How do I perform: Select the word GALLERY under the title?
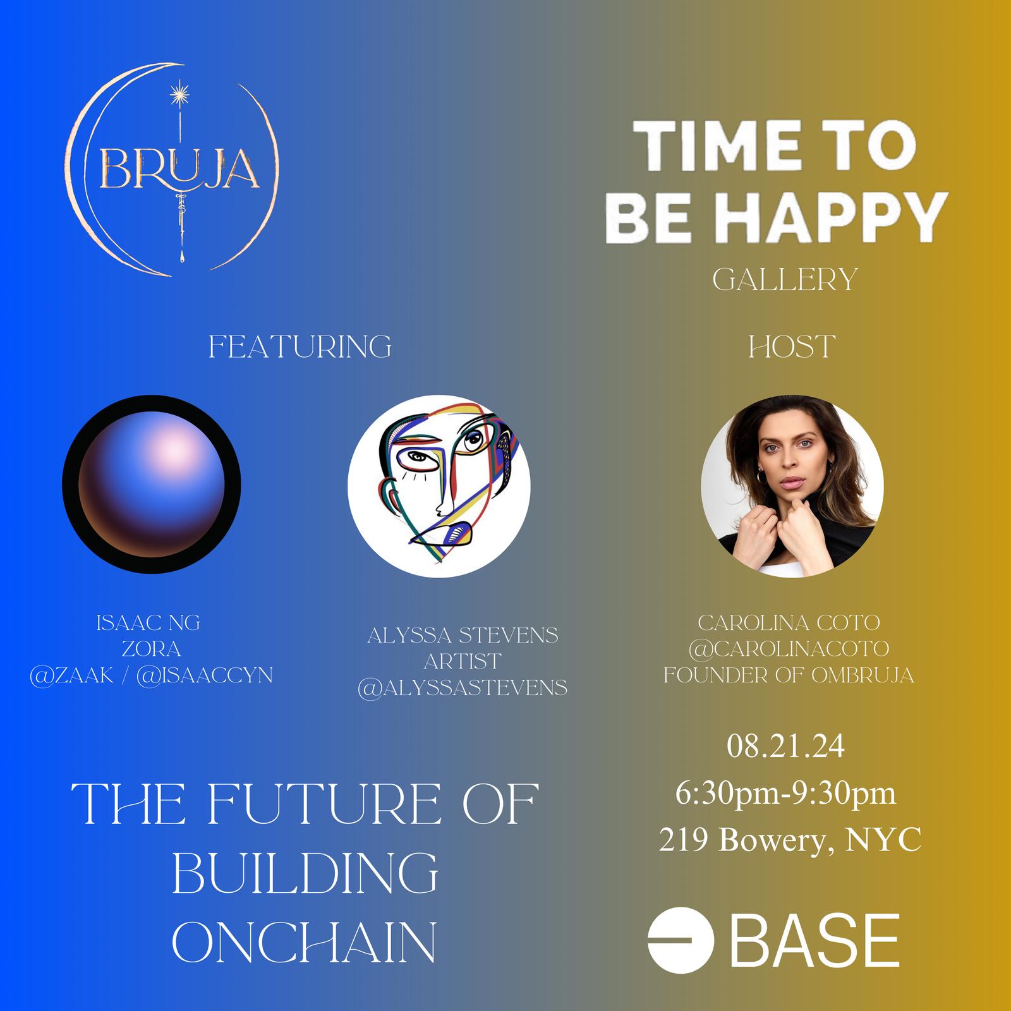784,279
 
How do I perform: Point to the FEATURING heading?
300,347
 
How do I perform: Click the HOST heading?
792,347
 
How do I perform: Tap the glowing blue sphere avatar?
152,485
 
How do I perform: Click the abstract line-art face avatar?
439,486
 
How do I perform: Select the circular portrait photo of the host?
792,486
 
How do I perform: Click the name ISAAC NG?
148,623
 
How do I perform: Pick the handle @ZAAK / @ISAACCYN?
151,675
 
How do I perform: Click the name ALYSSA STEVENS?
463,635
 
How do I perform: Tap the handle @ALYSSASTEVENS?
463,687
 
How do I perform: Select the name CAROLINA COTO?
789,623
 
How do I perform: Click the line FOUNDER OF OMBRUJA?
789,675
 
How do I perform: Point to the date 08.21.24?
785,747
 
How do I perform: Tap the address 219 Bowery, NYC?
790,840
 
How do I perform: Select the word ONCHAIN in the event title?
304,941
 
